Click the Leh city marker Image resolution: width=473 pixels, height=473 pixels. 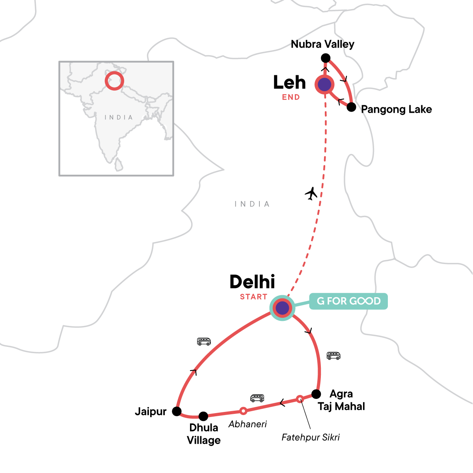324,84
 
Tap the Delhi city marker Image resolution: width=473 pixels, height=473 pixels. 282,308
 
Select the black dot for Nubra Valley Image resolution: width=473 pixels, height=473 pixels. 326,58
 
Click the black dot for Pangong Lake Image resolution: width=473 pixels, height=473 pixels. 351,107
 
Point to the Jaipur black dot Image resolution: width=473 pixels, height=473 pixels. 177,412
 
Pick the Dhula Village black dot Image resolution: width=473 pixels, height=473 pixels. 203,416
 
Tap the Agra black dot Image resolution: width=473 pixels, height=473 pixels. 316,394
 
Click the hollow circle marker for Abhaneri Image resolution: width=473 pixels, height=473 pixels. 244,411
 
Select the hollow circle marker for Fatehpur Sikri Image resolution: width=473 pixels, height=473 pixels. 300,399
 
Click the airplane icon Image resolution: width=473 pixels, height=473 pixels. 311,194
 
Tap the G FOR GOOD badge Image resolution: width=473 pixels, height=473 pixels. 348,301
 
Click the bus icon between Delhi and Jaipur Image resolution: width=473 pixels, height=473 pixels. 204,341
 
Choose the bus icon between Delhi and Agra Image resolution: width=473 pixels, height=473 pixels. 333,356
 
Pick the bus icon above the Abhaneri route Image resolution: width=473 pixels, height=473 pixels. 257,398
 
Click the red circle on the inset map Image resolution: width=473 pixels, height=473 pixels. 114,81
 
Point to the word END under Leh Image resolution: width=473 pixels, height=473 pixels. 291,97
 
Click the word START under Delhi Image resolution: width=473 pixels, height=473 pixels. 253,297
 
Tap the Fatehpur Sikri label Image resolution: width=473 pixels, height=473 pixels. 311,437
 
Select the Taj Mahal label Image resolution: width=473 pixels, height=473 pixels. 341,406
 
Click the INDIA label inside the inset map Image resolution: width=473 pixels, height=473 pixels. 119,117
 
